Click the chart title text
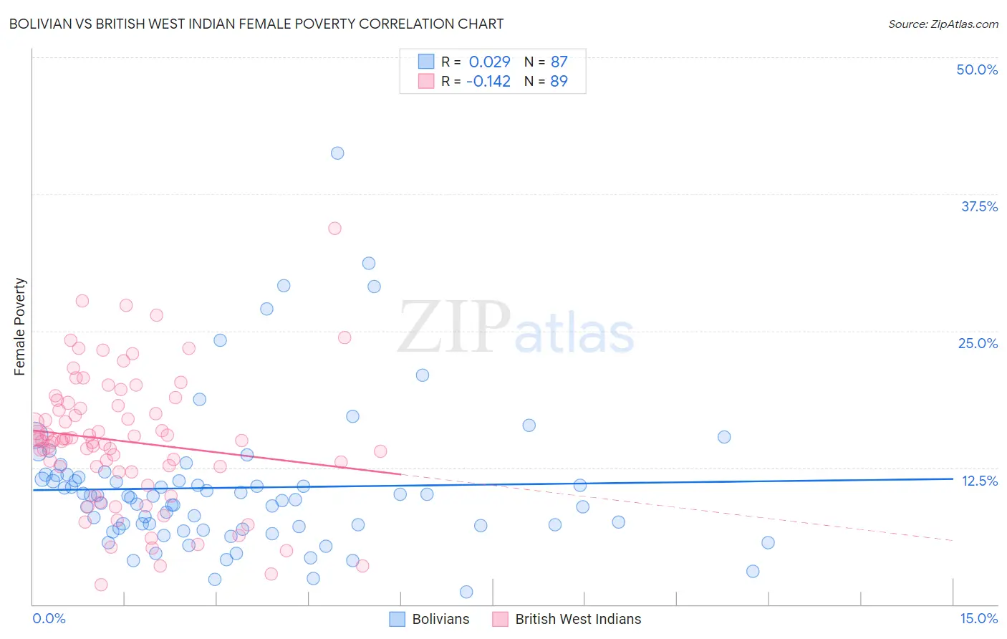click(x=256, y=24)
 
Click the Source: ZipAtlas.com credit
click(x=943, y=24)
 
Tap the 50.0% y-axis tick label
click(x=977, y=69)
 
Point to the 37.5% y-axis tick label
click(x=979, y=206)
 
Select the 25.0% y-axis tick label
click(x=978, y=343)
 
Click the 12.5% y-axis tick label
click(x=979, y=481)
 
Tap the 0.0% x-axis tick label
click(x=49, y=618)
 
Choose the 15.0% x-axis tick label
click(x=978, y=618)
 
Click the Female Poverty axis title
click(x=19, y=327)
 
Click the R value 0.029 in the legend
click(x=489, y=62)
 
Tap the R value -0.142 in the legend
click(x=488, y=82)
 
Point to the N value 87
click(x=559, y=62)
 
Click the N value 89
click(x=559, y=82)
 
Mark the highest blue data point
click(x=337, y=153)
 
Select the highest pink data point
click(x=334, y=229)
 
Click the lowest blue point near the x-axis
click(x=466, y=592)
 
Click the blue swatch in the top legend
click(x=426, y=62)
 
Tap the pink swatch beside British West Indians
click(x=500, y=619)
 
